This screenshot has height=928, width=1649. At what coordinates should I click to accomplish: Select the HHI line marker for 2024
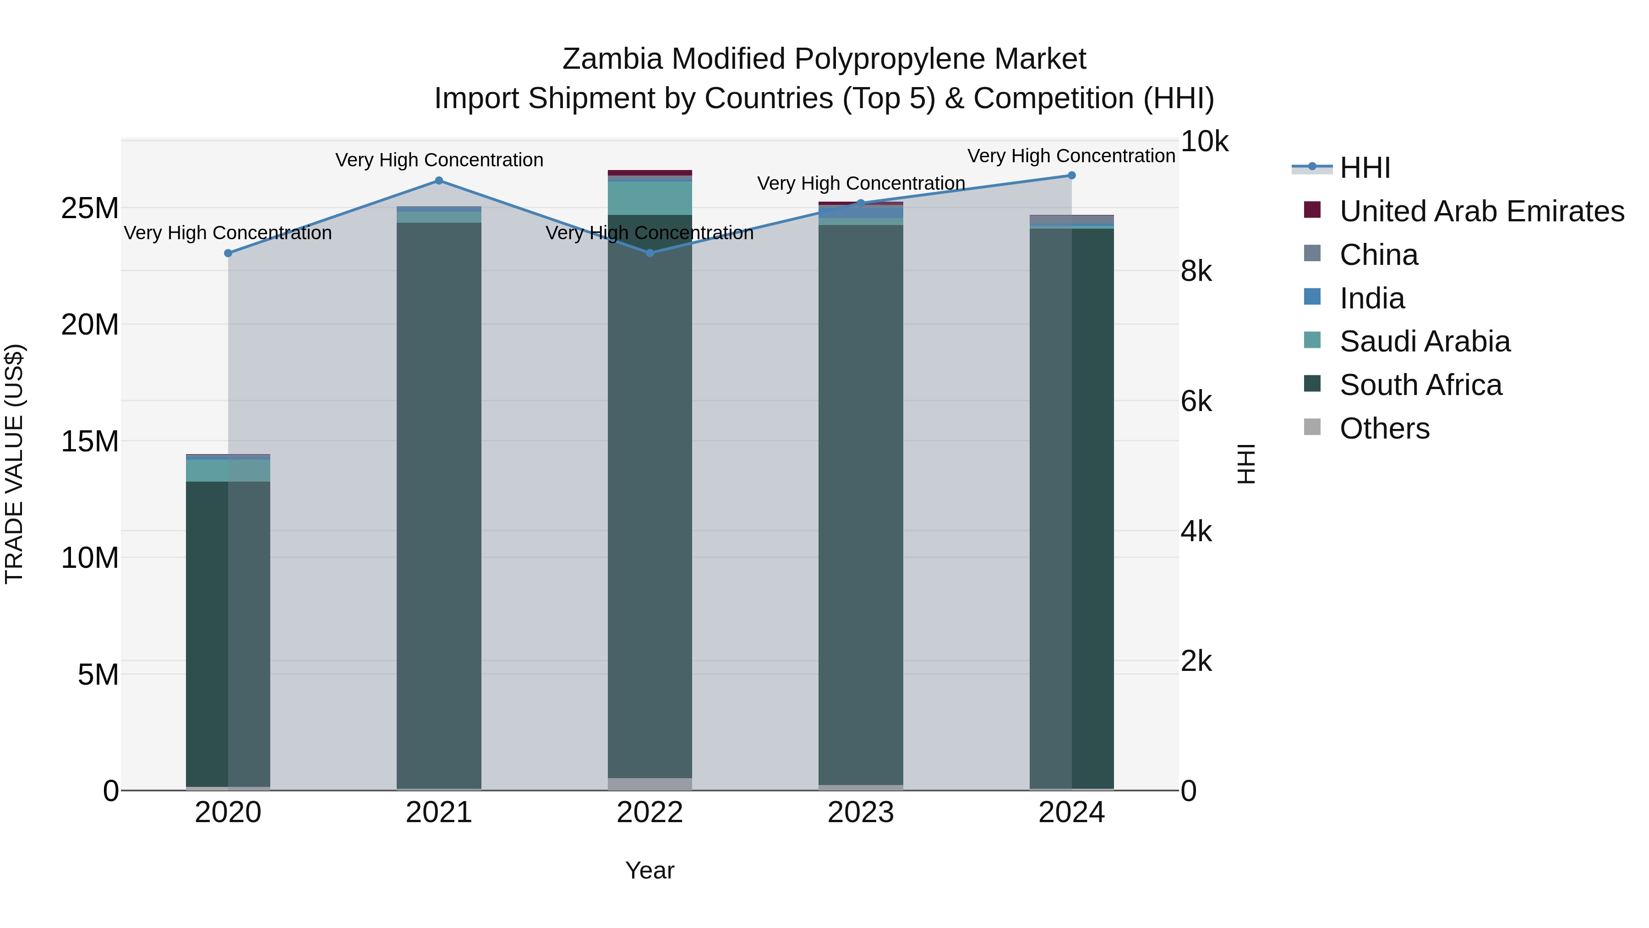[x=1071, y=176]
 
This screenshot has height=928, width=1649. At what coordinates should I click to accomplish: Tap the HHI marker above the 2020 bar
[x=228, y=253]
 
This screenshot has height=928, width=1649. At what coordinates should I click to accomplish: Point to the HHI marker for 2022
[x=650, y=253]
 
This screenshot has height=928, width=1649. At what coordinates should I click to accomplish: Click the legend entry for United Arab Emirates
[x=1481, y=211]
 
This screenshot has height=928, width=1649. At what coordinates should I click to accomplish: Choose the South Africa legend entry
[x=1420, y=385]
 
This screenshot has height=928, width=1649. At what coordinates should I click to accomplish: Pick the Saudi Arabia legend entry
[x=1425, y=341]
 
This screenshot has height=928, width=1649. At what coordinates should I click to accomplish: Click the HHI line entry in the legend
[x=1365, y=168]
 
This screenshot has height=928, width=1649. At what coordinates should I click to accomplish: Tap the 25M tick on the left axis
[x=90, y=208]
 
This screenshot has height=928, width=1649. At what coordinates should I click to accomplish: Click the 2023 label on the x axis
[x=860, y=813]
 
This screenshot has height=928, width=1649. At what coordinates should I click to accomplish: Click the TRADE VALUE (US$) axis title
[x=14, y=464]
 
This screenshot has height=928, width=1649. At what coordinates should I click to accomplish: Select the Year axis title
[x=650, y=870]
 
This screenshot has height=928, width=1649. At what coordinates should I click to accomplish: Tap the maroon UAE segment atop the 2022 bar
[x=650, y=173]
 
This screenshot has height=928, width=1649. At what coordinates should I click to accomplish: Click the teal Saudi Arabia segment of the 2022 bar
[x=650, y=198]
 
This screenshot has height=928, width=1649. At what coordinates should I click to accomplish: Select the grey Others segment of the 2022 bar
[x=650, y=784]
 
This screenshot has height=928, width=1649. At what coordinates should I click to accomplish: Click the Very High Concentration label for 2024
[x=1071, y=156]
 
